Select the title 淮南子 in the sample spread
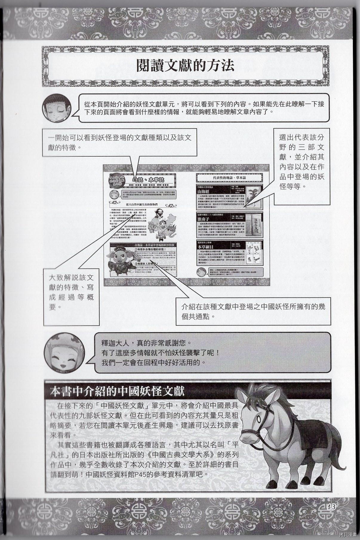(x=204, y=219)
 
